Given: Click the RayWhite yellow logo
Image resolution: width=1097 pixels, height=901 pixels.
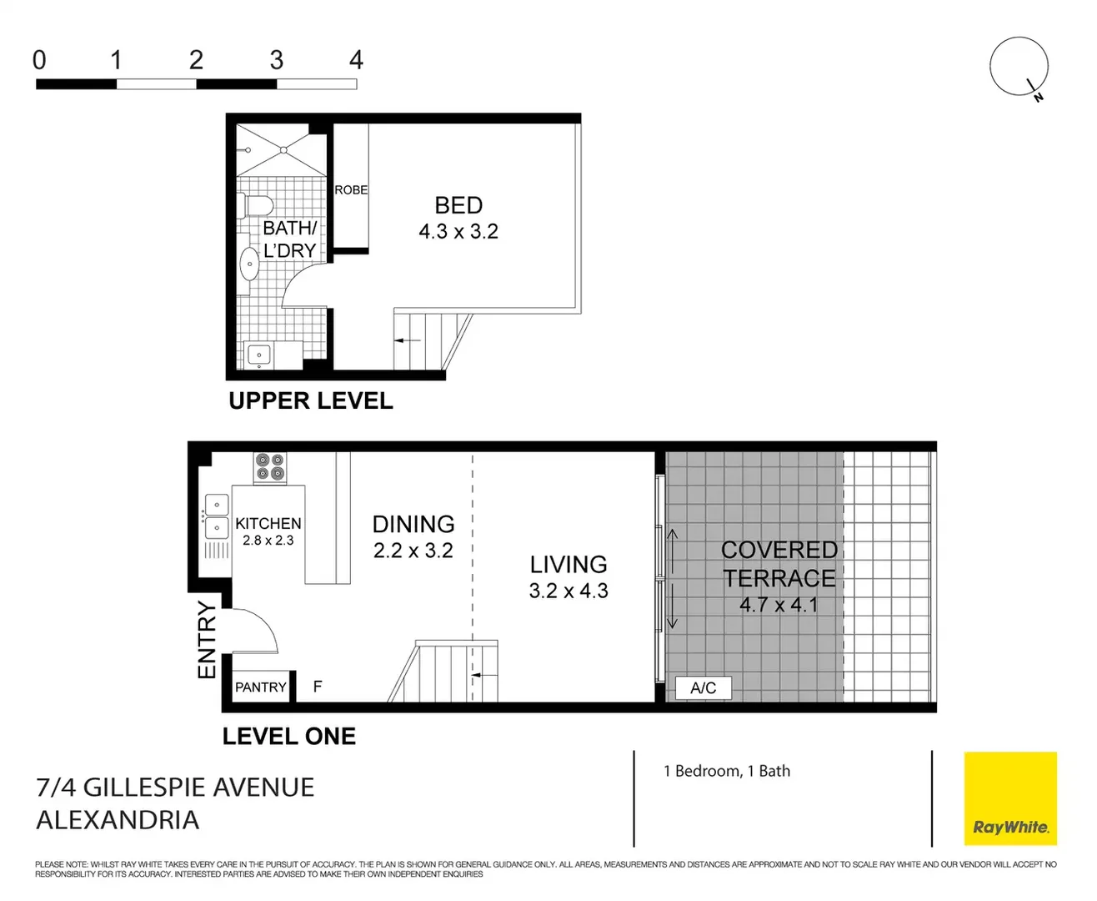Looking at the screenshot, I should [x=1010, y=799].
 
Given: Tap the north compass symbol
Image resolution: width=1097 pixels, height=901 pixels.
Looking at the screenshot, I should [x=1019, y=68].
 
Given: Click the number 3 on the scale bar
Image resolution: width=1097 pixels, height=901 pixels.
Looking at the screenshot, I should [x=276, y=60].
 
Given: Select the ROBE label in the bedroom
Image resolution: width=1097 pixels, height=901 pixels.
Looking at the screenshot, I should [x=351, y=190].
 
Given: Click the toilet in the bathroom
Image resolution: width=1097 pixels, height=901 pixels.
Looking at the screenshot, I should [x=256, y=205].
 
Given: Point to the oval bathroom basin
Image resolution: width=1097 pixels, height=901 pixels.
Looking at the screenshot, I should [x=249, y=264].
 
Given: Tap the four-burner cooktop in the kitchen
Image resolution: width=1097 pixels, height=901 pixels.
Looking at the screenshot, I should [x=270, y=467].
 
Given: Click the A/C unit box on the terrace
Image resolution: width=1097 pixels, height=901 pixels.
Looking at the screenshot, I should [x=703, y=687].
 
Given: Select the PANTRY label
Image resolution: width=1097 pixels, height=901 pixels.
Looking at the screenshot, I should [x=260, y=687].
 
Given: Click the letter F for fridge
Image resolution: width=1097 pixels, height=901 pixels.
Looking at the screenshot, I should [x=318, y=687].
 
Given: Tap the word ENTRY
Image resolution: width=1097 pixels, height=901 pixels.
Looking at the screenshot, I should [x=206, y=640].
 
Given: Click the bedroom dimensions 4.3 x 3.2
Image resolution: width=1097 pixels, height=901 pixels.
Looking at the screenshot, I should [x=458, y=232].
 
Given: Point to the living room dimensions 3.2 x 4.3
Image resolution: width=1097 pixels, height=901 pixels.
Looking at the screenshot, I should [x=569, y=591].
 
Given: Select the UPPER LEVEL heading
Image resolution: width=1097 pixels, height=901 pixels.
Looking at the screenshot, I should [x=310, y=401].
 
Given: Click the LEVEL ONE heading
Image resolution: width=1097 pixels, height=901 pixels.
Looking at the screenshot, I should [x=288, y=737].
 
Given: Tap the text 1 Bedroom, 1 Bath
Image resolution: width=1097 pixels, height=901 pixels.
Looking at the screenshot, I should [x=727, y=771].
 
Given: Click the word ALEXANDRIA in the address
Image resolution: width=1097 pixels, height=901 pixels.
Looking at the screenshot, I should [x=118, y=820].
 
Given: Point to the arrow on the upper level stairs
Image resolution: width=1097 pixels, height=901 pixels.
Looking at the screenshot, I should [x=408, y=340].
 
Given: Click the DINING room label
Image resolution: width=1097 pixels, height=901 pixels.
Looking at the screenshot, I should [x=413, y=524].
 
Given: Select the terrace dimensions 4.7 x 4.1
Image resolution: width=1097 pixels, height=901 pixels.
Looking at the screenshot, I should [x=779, y=605].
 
